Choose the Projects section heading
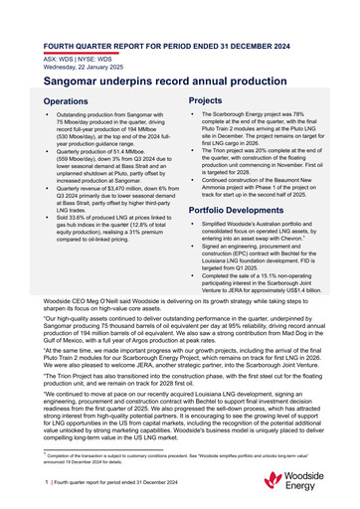(205, 100)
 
